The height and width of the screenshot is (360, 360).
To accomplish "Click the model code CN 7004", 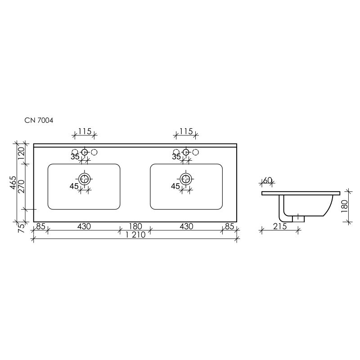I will pos(39,121).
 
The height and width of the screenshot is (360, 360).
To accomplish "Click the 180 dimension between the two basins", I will pos(135,226).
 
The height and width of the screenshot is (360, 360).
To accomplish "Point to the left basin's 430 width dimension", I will pos(84,226).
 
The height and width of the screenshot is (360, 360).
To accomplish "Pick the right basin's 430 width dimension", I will pos(186,226).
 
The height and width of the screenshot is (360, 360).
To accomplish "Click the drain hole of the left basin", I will pos(84,179).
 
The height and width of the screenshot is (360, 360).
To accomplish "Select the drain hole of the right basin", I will pos(185,179).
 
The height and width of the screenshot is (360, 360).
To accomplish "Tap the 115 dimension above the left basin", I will pos(85,131).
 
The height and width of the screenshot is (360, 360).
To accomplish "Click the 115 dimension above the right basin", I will pos(186,131).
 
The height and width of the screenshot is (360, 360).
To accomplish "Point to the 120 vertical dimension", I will pos(20,154).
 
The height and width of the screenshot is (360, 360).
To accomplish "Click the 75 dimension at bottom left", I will pos(20,227).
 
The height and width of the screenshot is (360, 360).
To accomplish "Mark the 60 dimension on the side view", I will pos(267,180).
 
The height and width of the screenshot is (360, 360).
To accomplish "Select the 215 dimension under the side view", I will pos(280,226).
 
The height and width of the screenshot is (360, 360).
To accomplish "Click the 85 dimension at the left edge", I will pos(40,226).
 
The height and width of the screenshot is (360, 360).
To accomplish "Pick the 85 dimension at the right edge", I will pos(229,226).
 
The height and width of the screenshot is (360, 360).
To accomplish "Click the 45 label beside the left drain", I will pos(74,186).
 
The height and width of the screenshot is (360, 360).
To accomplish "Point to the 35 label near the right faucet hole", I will pos(176,157).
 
